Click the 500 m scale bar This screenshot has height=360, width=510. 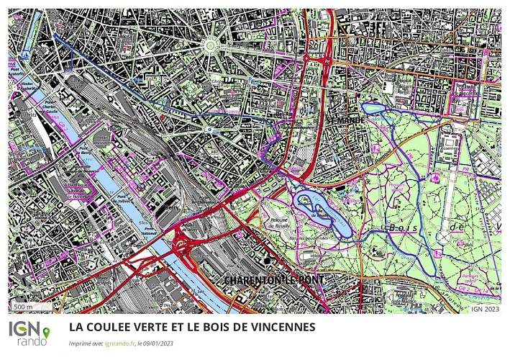click(x=24, y=307)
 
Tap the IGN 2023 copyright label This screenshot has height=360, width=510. click(x=485, y=308)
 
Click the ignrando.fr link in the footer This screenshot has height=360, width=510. click(x=119, y=344)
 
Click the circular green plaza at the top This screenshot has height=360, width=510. click(x=211, y=46)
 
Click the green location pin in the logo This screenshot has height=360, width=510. click(x=47, y=332)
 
